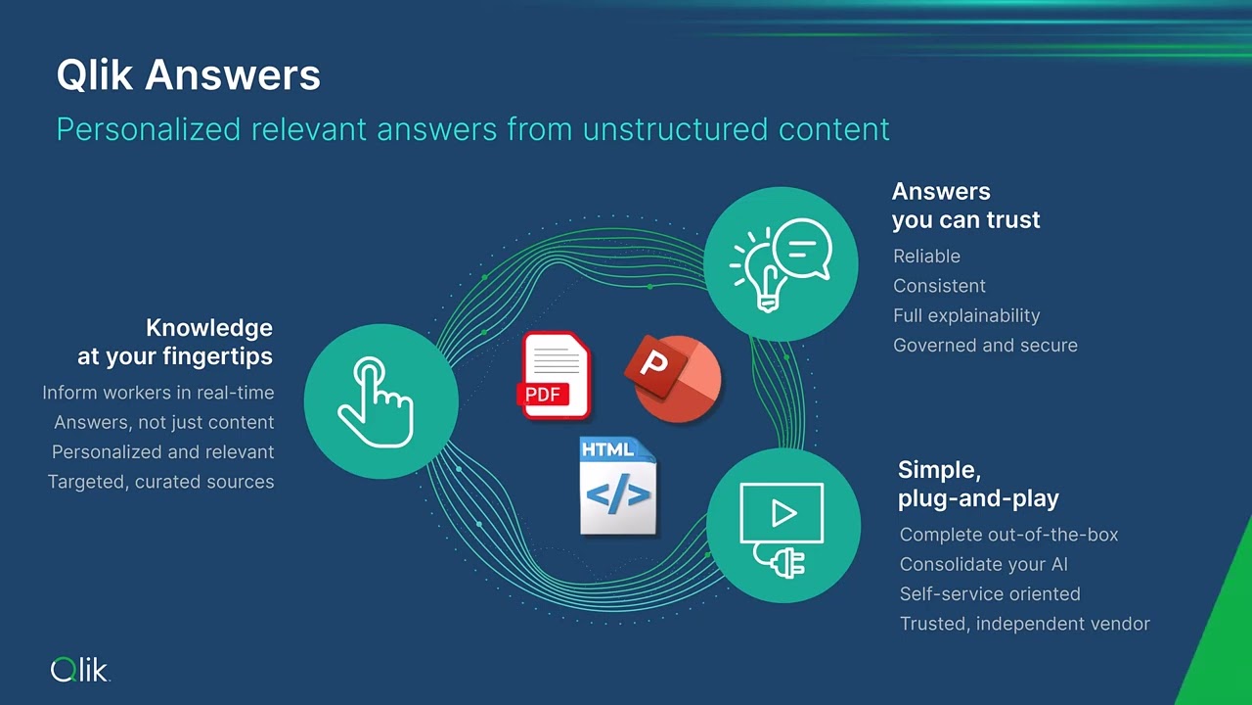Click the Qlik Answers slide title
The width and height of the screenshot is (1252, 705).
(188, 75)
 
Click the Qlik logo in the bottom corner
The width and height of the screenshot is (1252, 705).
(79, 670)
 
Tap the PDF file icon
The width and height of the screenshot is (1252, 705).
(555, 376)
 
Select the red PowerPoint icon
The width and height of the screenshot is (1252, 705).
(673, 378)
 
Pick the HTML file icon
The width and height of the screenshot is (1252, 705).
(617, 486)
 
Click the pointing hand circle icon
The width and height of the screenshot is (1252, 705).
(380, 401)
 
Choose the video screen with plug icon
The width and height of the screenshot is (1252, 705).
(782, 526)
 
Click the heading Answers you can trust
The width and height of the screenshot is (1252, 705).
(965, 206)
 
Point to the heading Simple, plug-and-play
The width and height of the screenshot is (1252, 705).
(978, 484)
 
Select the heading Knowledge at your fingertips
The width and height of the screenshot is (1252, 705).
(176, 342)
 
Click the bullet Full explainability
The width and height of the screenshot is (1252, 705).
(965, 315)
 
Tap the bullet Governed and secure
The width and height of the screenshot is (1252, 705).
(985, 345)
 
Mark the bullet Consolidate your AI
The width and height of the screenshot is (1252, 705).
(983, 564)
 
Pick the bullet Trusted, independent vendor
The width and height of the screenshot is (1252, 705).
(1024, 624)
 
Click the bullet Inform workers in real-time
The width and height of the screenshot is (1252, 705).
(158, 393)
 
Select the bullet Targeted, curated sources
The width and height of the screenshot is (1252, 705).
(161, 482)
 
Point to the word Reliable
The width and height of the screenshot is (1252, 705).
(926, 256)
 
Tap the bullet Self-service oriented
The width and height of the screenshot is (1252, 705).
(990, 593)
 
